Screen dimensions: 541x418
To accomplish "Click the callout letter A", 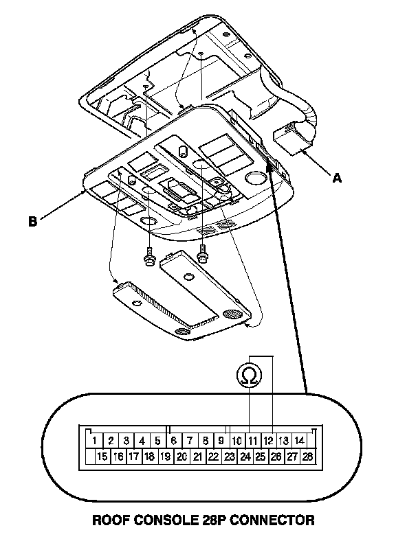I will pos(337,179).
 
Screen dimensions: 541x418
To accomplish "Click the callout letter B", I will pos(32,222).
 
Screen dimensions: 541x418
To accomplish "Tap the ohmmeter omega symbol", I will pos(250,375).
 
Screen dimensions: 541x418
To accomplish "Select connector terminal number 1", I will pos(93,440).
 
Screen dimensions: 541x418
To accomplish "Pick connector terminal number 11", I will pos(252,440).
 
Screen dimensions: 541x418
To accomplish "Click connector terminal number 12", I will pos(269,440).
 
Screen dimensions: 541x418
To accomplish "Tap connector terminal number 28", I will pos(307,456).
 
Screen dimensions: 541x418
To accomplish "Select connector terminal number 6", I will pos(173,440).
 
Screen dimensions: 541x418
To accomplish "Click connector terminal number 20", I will pos(181,456).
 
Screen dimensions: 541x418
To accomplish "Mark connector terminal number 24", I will pos(245,456).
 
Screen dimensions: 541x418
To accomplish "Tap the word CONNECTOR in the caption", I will pos(275,520).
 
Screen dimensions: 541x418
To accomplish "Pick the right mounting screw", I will pos(202,253).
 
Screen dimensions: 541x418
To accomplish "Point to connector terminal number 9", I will pos(221,440).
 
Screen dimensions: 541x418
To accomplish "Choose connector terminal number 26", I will pos(276,456).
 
